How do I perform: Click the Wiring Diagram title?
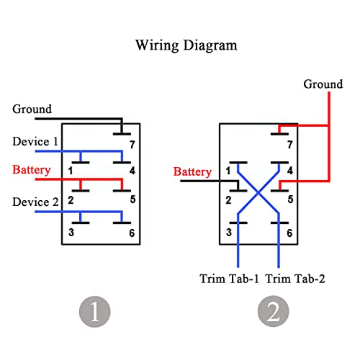click(186, 45)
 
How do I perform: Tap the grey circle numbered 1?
click(95, 312)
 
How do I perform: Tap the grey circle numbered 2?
click(274, 311)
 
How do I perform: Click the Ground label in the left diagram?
click(32, 109)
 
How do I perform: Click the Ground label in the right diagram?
click(323, 84)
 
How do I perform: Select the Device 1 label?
click(35, 141)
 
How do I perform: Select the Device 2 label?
click(35, 202)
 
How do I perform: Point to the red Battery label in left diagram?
click(32, 170)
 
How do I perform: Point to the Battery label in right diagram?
click(192, 171)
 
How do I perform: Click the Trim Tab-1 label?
click(229, 279)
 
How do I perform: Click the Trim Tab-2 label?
click(295, 279)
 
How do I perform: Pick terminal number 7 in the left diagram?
click(132, 145)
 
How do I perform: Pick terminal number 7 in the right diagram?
click(290, 145)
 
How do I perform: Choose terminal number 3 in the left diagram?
click(71, 233)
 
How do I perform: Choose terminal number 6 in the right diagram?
click(289, 233)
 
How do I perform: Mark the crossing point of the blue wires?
click(258, 192)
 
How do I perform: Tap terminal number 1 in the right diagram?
click(228, 171)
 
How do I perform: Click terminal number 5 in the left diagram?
click(132, 199)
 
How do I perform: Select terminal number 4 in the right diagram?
click(290, 171)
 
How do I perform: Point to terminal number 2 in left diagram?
click(71, 200)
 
